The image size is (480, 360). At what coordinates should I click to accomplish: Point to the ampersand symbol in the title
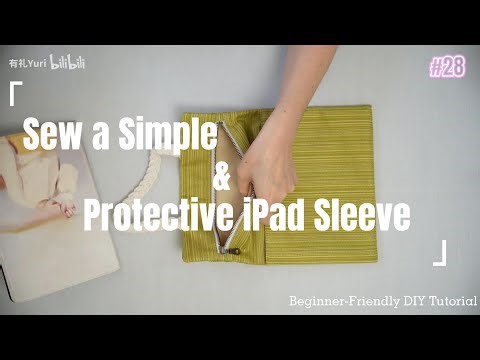tap(222, 181)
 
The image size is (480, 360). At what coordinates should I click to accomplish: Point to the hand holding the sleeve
tap(266, 160)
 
